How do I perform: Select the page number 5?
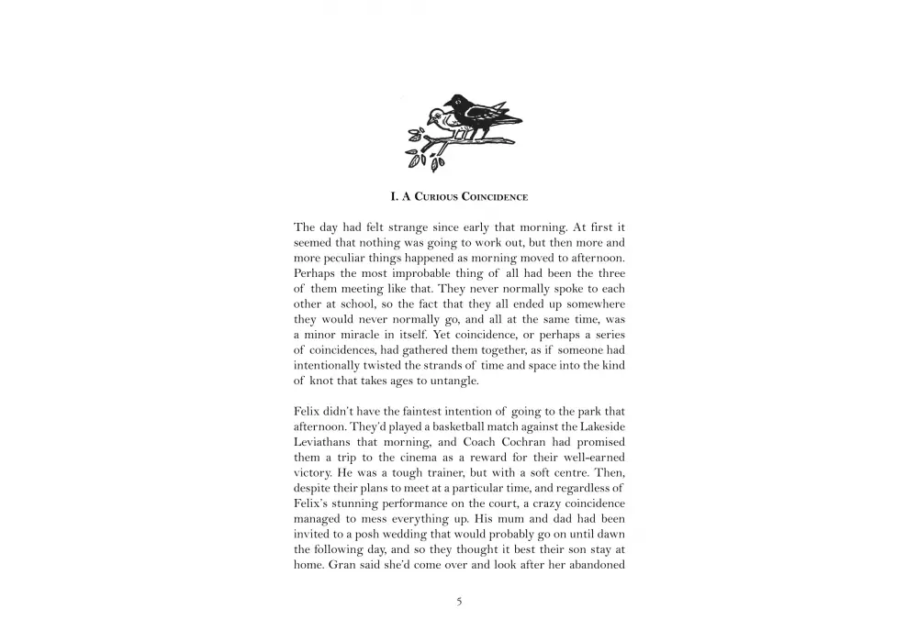[459, 602]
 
